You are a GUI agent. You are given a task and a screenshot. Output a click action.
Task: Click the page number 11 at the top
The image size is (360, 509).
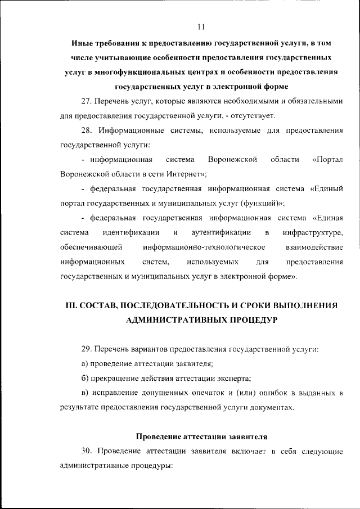coord(202,27)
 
